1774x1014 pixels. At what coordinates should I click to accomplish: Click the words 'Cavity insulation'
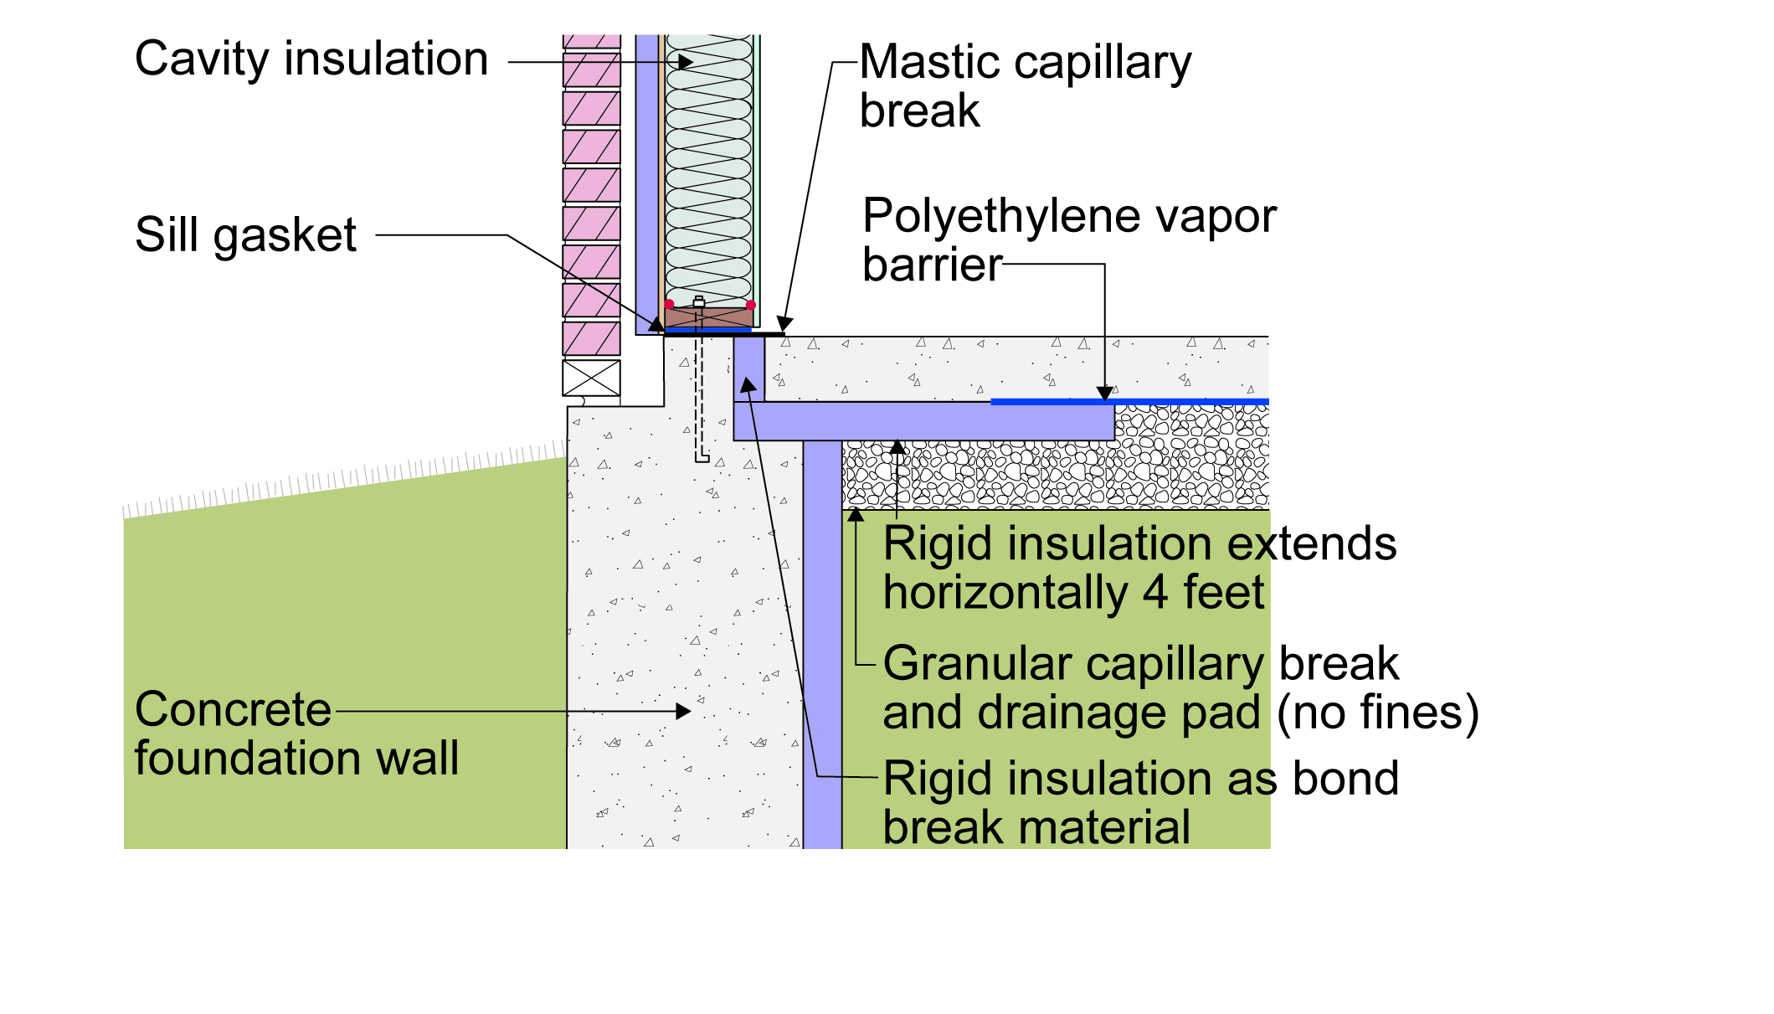311,59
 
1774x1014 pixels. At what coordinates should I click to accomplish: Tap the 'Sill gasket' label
246,235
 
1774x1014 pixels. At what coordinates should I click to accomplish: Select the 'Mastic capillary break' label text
1026,86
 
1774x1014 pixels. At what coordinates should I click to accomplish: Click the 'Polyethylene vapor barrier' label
1070,240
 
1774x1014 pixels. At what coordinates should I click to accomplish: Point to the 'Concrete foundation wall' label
296,733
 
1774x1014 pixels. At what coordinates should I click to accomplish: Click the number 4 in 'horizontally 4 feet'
1155,593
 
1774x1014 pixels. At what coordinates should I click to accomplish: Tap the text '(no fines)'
1378,713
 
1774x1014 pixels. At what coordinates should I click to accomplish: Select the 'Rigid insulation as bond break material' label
1141,803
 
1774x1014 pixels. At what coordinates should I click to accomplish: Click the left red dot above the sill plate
669,304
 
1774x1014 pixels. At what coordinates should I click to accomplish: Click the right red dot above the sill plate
751,305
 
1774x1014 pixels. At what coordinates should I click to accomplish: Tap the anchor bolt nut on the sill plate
699,302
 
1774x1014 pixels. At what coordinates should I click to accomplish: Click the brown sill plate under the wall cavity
709,317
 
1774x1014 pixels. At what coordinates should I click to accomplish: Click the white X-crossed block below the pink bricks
591,378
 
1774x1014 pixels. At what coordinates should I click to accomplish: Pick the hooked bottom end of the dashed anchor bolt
703,459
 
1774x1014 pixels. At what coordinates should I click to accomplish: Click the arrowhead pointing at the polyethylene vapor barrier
1105,394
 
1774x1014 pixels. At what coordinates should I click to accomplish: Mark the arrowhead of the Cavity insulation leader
686,62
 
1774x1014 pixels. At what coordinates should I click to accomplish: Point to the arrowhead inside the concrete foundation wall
683,712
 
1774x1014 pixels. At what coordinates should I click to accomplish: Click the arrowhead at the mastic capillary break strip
784,325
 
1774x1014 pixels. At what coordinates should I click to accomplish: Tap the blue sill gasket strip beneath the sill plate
708,330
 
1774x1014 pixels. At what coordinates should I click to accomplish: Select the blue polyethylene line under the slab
1130,402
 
